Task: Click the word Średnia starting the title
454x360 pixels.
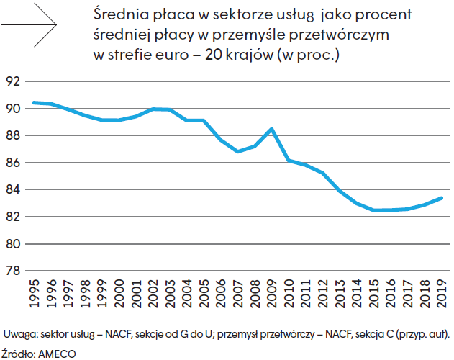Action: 120,15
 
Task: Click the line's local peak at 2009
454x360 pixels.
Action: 271,129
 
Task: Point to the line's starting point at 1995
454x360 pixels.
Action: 33,102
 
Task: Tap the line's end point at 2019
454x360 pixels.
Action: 442,198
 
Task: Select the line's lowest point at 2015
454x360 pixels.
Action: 373,210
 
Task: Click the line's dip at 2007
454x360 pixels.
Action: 237,152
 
